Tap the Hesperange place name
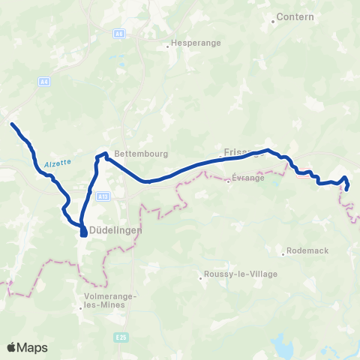tap(197, 43)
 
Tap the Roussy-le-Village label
tap(241, 274)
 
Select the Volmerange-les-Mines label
tap(108, 301)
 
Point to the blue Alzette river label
tap(57, 163)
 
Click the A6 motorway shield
tap(118, 34)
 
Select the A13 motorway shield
tap(103, 196)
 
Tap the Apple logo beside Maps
tap(12, 347)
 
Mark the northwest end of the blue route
tap(11, 123)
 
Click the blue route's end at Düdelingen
tap(82, 235)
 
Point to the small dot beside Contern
tap(274, 21)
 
